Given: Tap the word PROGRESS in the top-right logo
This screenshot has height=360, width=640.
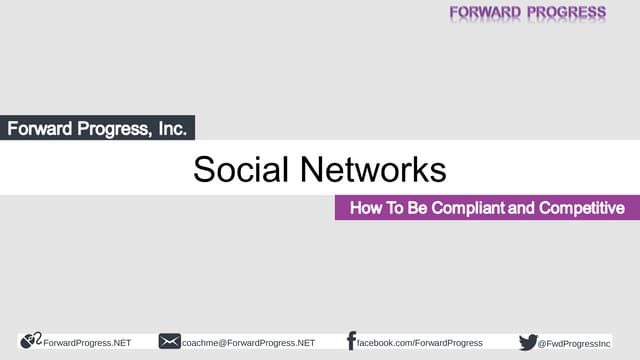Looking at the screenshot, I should point(566,12).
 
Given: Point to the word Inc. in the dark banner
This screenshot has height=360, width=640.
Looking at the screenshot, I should point(167,128).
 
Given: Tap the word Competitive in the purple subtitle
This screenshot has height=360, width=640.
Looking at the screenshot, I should point(582,208).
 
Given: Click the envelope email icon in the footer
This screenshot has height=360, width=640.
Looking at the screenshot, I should point(169,342).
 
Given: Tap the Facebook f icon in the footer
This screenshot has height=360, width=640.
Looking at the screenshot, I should point(351,341).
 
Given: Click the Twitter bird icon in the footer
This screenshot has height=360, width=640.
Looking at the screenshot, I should point(528,342).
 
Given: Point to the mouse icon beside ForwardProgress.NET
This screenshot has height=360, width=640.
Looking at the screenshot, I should point(30,341).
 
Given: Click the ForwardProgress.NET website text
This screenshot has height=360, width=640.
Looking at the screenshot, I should point(87,343).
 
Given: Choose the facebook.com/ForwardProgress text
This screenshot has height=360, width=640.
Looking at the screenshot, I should point(420,343).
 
